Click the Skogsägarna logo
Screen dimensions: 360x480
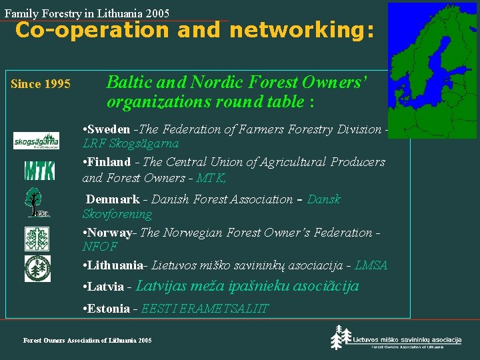point(36,141)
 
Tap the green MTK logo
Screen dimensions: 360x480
point(39,171)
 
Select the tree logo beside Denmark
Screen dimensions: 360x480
point(37,202)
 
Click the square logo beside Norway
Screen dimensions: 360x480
point(37,239)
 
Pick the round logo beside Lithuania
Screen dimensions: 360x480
point(37,268)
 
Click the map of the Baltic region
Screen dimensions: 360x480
point(432,70)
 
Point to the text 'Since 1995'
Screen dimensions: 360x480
point(41,84)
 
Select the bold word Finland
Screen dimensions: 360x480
point(109,162)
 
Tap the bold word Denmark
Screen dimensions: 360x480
point(113,199)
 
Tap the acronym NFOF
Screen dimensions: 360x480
point(100,247)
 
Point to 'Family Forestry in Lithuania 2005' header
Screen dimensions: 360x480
point(87,13)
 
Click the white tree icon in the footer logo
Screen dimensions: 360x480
point(341,337)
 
